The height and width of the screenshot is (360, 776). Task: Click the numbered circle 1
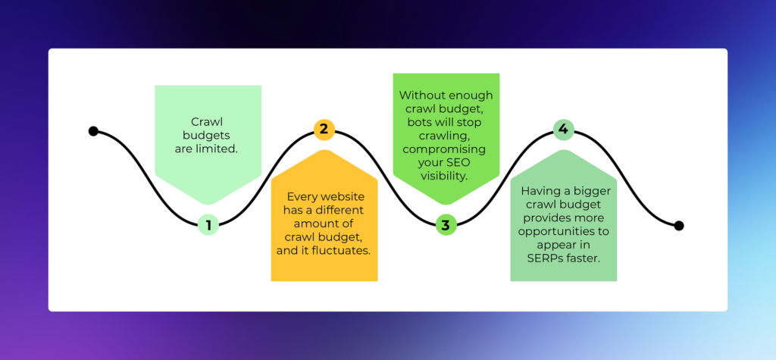coord(208,224)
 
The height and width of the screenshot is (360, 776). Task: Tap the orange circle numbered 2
coord(324,129)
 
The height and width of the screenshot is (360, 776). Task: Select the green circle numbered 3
coord(446,224)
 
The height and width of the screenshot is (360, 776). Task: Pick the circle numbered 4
coord(563,129)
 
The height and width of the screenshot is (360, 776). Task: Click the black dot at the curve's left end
coord(93,131)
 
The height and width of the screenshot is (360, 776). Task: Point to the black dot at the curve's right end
coord(679,225)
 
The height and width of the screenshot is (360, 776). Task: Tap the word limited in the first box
coord(221,149)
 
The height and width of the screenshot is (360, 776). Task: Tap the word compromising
coord(445,149)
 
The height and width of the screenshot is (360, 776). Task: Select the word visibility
coord(445,177)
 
